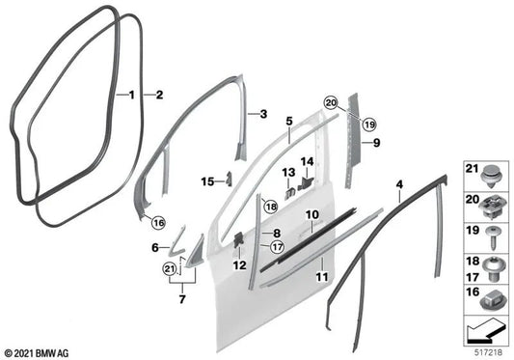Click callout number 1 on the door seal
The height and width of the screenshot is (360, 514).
click(132, 95)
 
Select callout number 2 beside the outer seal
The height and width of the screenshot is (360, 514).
click(159, 95)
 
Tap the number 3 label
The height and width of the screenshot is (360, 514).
click(261, 114)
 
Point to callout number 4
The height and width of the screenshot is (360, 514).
click(397, 183)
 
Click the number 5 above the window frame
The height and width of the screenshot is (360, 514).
click(287, 124)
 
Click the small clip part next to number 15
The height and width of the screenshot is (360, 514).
click(229, 178)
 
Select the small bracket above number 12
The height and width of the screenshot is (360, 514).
click(236, 237)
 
